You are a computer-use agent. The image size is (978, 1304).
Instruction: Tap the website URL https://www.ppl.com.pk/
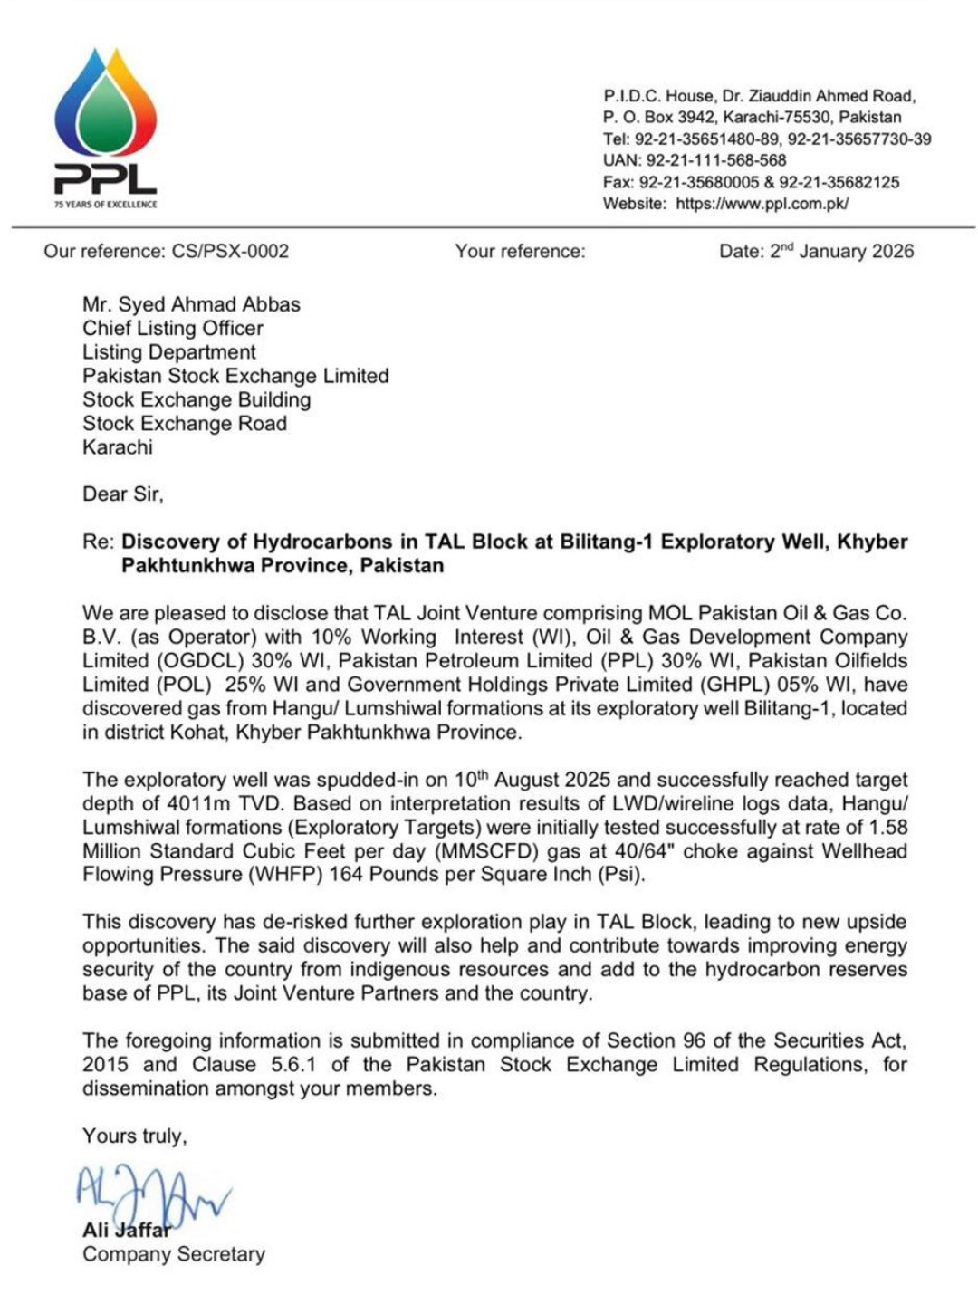(762, 204)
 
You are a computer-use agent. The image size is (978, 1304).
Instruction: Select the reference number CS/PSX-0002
(230, 252)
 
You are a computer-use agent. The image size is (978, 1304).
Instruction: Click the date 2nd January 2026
(841, 252)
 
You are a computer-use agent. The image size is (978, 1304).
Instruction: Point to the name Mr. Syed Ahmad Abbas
(191, 304)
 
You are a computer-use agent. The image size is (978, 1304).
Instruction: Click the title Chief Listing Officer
(173, 328)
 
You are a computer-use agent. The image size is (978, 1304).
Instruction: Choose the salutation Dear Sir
(122, 494)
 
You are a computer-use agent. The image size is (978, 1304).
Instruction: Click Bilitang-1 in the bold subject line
(606, 542)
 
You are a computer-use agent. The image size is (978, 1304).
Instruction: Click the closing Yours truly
(134, 1136)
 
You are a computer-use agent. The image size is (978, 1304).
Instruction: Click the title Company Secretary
(174, 1254)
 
